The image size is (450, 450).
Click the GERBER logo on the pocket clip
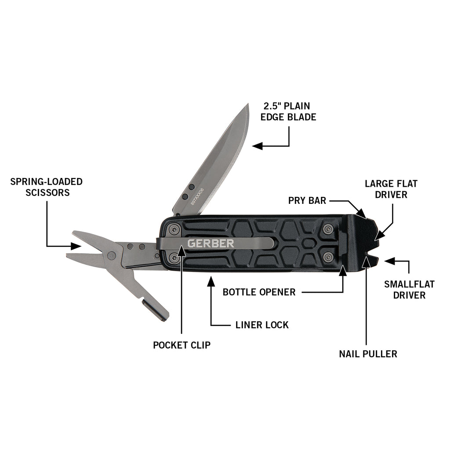tap(210, 243)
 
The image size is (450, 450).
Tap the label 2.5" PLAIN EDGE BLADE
tap(288, 111)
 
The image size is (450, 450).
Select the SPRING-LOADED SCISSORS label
tap(47, 187)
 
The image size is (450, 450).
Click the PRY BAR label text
tap(307, 200)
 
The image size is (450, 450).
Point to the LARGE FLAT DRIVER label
tap(391, 189)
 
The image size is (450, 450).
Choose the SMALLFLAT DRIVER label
tap(409, 290)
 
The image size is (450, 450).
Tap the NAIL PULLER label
tap(368, 354)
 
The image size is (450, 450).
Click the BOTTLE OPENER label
tap(259, 292)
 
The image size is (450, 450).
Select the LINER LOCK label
tap(262, 325)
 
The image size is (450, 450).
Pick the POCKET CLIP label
tap(181, 345)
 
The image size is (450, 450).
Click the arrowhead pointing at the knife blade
tap(258, 146)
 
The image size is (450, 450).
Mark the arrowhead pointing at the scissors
tap(76, 246)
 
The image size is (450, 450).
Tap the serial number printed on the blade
tap(197, 196)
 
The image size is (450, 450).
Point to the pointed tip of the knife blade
tap(248, 104)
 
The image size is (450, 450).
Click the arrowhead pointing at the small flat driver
tap(390, 261)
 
